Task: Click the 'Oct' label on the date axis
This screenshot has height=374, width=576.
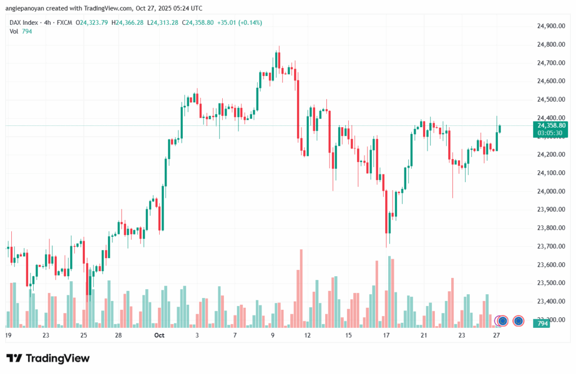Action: (x=159, y=335)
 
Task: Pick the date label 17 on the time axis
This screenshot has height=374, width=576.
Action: (x=386, y=335)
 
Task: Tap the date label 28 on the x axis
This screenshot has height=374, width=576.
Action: (x=119, y=335)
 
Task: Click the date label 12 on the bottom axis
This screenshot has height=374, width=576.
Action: (x=307, y=335)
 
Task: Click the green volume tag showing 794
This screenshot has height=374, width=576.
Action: (x=543, y=324)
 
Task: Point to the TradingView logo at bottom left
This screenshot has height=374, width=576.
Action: (x=48, y=358)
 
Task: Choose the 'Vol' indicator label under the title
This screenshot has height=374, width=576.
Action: (x=14, y=31)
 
